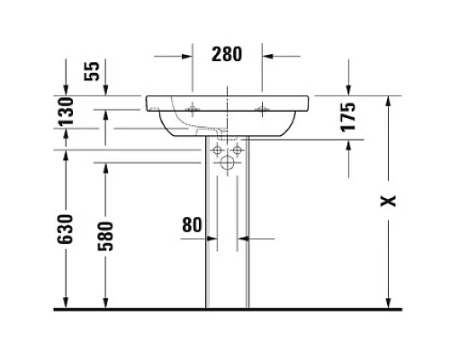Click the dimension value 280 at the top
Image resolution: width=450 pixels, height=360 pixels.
pos(227,54)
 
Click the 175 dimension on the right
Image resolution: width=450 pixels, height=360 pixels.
pos(351,117)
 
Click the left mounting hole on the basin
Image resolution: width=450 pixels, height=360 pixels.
pos(193,110)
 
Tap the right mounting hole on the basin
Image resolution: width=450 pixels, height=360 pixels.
pos(262,110)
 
